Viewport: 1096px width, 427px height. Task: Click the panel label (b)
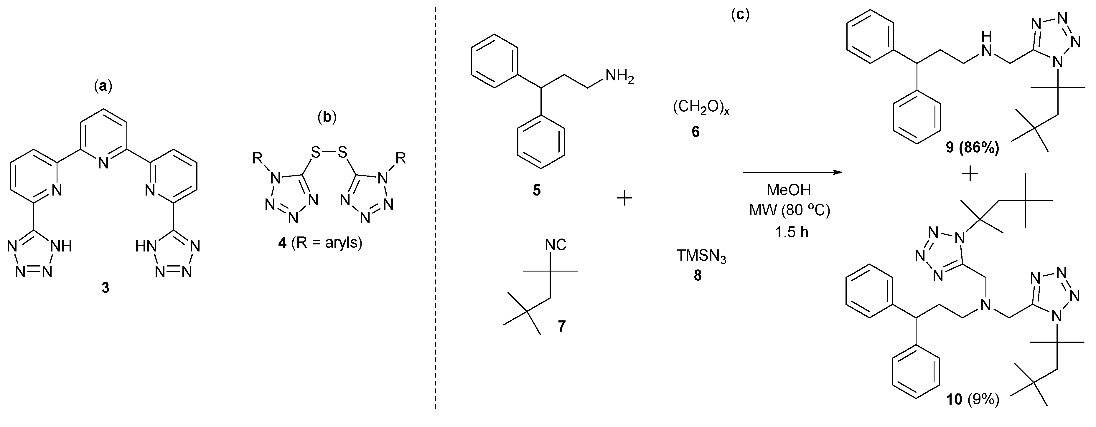click(x=327, y=117)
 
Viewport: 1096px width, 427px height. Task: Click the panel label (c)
click(x=740, y=15)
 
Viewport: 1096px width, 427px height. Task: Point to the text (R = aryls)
click(x=327, y=243)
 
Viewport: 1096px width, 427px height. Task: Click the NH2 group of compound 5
click(x=619, y=77)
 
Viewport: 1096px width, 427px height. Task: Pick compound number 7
click(x=562, y=326)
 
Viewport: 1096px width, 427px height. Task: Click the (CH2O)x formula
click(x=701, y=108)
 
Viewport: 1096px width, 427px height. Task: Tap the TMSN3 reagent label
click(x=701, y=258)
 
